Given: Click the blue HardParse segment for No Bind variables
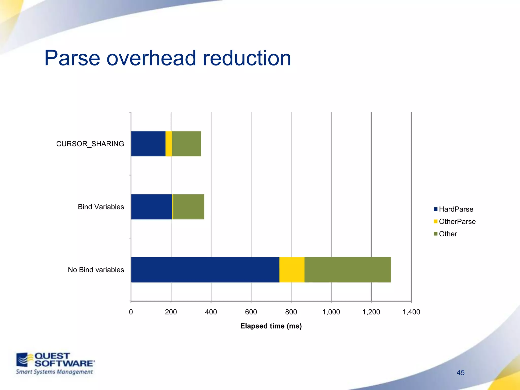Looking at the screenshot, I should (205, 270).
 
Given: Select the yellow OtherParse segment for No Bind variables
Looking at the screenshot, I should (292, 270).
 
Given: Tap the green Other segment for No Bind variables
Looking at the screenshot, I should (347, 270).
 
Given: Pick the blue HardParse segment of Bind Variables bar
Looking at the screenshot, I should (151, 207).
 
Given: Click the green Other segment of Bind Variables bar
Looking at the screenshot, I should (188, 207).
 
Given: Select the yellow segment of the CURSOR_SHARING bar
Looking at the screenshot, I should (169, 144).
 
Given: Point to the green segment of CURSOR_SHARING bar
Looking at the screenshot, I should (186, 144).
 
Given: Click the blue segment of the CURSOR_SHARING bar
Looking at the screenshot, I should (148, 144).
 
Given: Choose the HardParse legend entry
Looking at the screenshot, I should (453, 209).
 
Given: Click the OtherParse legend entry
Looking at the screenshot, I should (454, 221).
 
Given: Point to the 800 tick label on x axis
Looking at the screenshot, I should (291, 312).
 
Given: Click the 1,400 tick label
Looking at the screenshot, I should (411, 312).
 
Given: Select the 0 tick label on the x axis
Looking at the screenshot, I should (131, 312).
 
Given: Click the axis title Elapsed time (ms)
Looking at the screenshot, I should (271, 326).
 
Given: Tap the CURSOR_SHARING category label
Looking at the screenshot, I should (90, 144).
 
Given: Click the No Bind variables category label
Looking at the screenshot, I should (96, 270).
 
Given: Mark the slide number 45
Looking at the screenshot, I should (460, 372).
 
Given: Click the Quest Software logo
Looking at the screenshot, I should (55, 363).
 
